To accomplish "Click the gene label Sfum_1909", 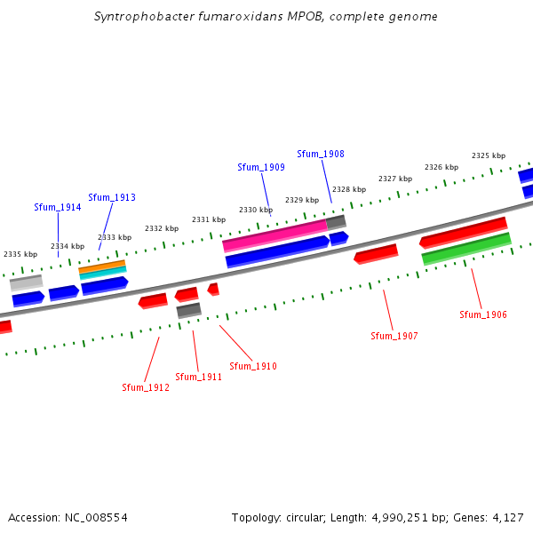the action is click(261, 167).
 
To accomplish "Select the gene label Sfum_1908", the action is click(321, 154).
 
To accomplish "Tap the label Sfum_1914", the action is click(58, 207).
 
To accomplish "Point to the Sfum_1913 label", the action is click(112, 197).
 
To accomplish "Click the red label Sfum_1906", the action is click(483, 314).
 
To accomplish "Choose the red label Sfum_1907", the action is click(394, 336).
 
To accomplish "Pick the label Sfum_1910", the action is click(253, 366).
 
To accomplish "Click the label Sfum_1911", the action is click(198, 377).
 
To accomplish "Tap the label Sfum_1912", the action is click(146, 387).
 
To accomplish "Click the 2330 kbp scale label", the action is click(256, 210).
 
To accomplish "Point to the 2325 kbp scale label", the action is click(489, 155).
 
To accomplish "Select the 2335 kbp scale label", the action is click(20, 254).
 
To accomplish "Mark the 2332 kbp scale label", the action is click(162, 228).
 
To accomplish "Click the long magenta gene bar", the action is click(274, 235).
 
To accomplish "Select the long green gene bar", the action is click(466, 249).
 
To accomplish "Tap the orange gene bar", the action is click(102, 266).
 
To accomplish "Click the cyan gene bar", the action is click(103, 273).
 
